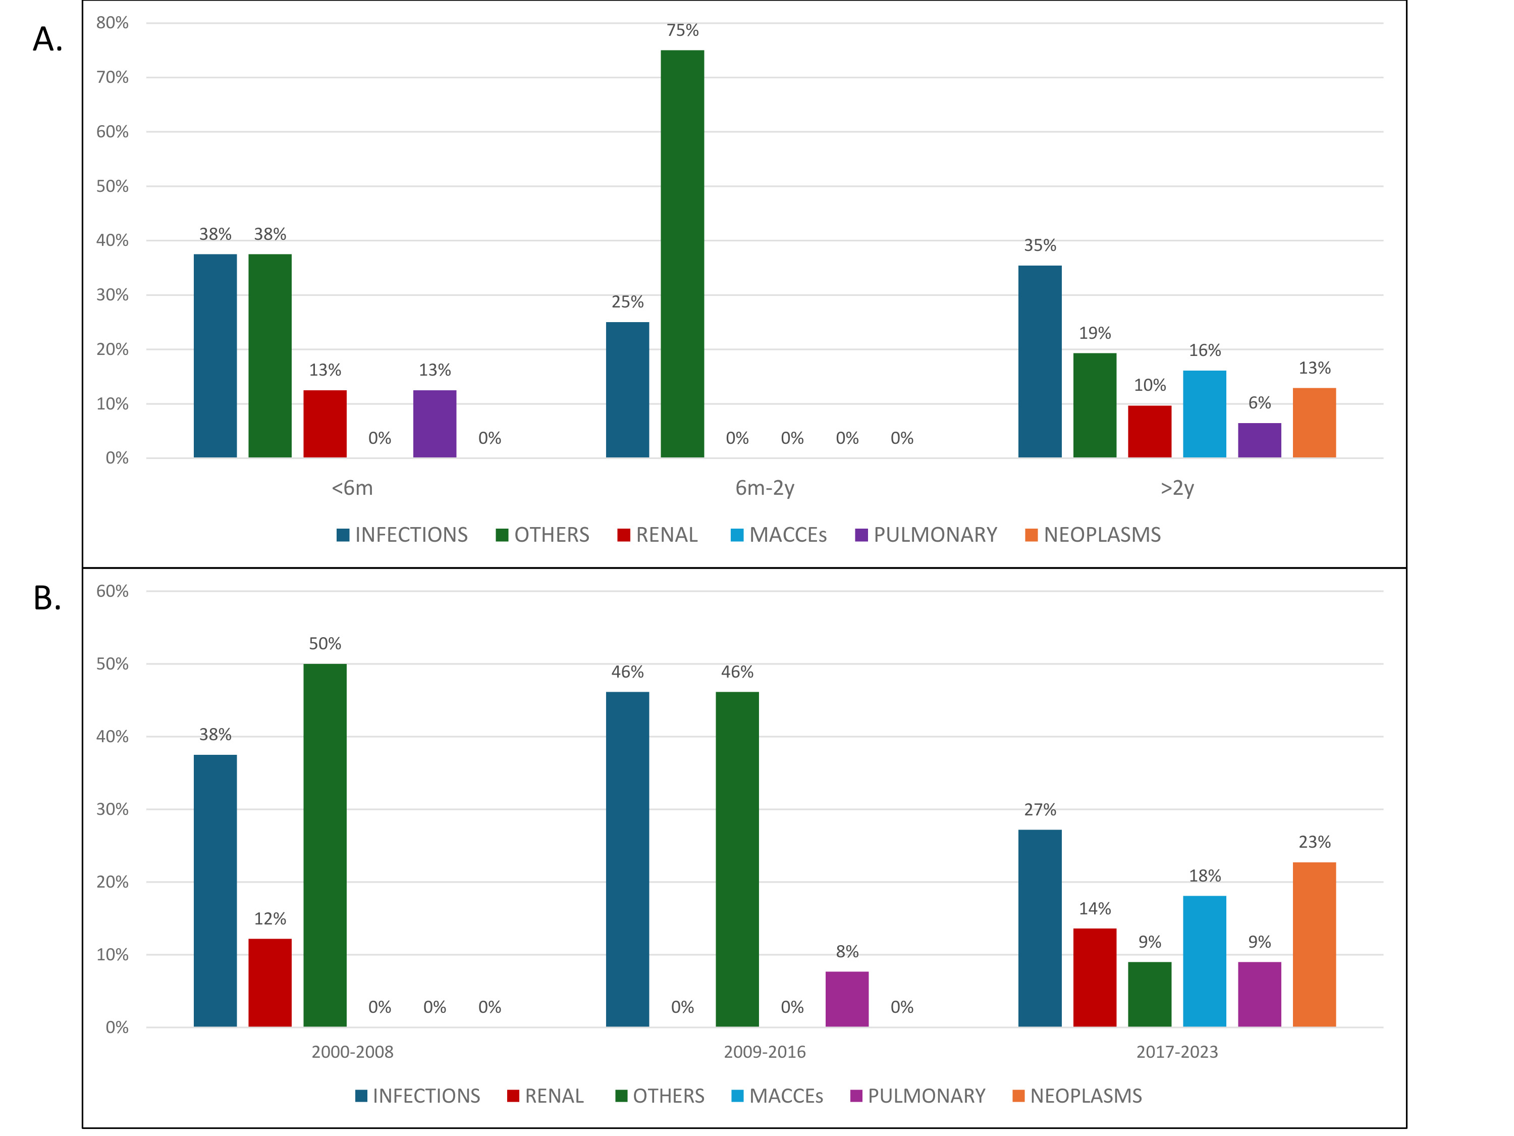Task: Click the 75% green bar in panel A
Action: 682,253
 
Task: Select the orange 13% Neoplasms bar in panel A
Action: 1314,423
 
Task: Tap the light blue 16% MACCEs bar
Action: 1204,414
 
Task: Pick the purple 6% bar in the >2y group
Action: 1259,440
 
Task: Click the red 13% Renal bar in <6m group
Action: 325,424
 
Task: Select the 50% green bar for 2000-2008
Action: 325,845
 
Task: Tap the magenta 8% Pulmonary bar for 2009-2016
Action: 847,999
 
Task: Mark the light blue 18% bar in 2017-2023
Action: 1204,961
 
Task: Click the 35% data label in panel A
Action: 1040,245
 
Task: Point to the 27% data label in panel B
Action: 1040,809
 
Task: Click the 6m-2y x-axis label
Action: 765,488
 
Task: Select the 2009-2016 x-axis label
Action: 765,1052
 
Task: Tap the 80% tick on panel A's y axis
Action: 112,23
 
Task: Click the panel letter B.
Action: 47,598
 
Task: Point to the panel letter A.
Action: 47,39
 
